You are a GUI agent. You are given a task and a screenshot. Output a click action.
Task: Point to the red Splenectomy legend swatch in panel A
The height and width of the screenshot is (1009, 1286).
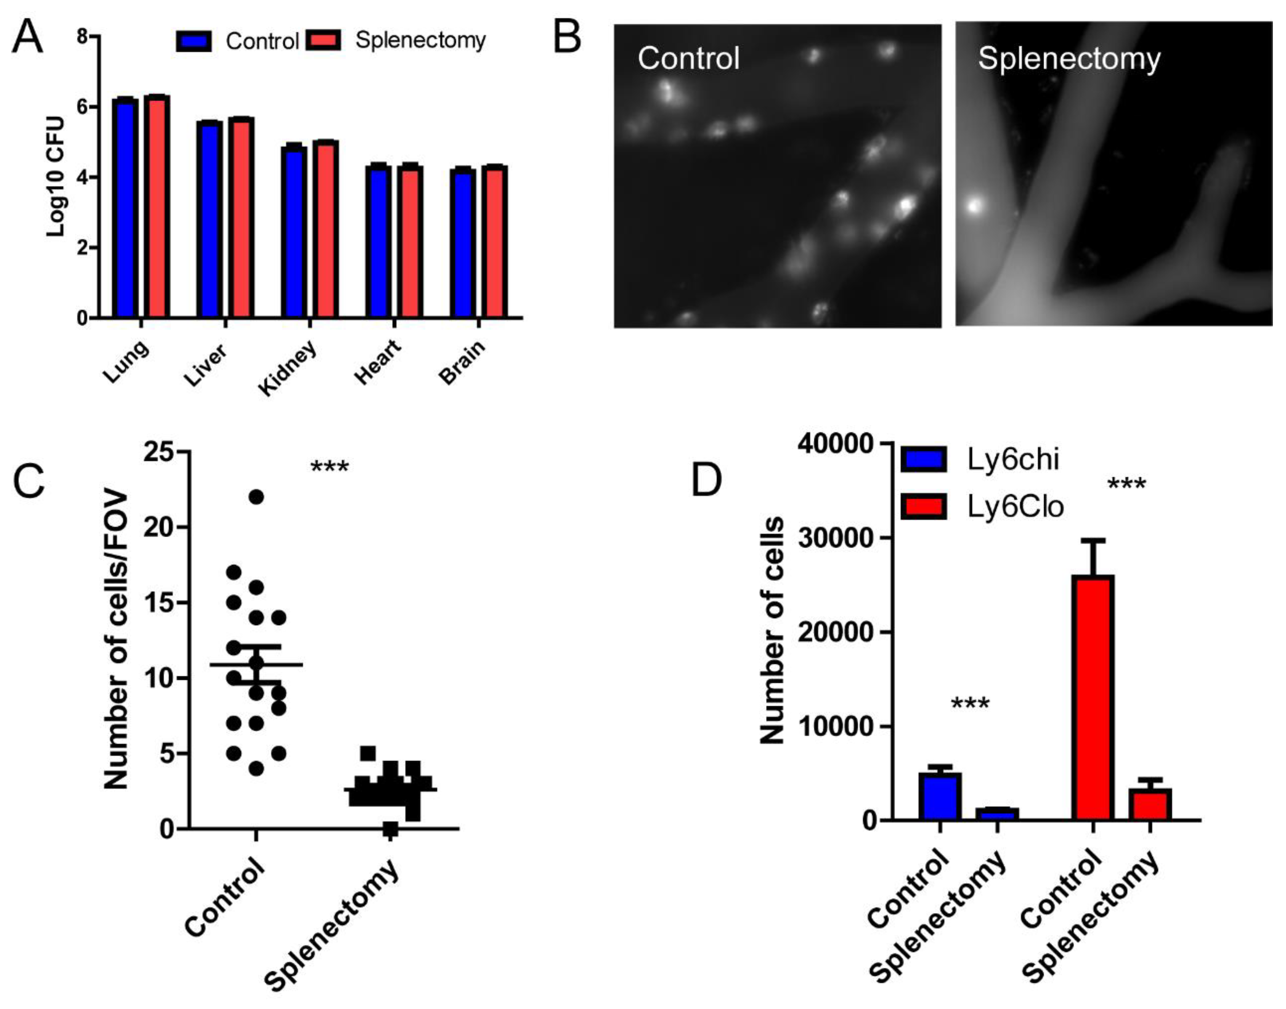pyautogui.click(x=323, y=40)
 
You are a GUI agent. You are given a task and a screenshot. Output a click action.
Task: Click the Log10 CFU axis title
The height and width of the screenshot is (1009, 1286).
pyautogui.click(x=56, y=177)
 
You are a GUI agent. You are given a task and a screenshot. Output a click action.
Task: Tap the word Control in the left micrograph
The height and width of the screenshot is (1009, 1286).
pyautogui.click(x=688, y=58)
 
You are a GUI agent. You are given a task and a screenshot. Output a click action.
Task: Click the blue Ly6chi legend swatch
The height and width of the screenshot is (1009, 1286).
pyautogui.click(x=924, y=459)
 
